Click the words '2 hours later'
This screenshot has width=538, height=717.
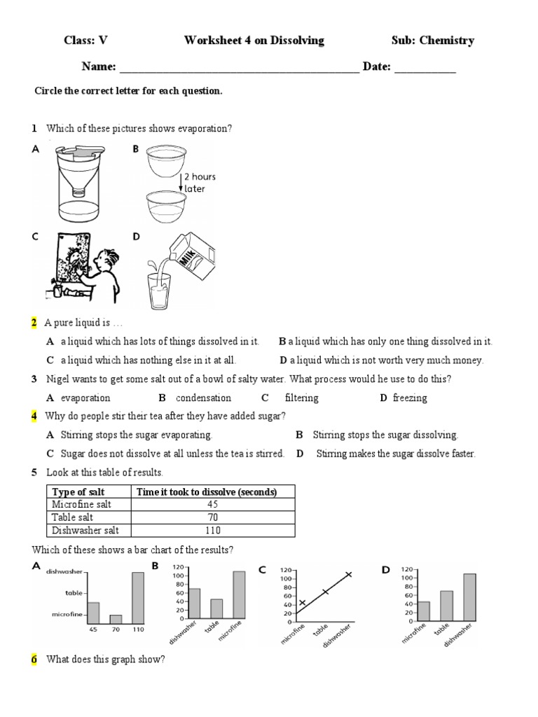point(199,183)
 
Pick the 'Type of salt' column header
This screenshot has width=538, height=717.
point(78,492)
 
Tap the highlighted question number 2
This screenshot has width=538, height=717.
point(34,323)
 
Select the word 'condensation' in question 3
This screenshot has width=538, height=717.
point(203,398)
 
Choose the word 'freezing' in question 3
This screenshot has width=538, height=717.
point(410,398)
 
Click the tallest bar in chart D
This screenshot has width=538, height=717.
point(469,597)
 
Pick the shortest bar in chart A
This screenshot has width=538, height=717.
point(116,619)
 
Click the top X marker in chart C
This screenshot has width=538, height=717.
point(348,575)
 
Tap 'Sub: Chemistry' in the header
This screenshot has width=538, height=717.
point(432,41)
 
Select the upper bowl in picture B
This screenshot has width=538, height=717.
point(167,161)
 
